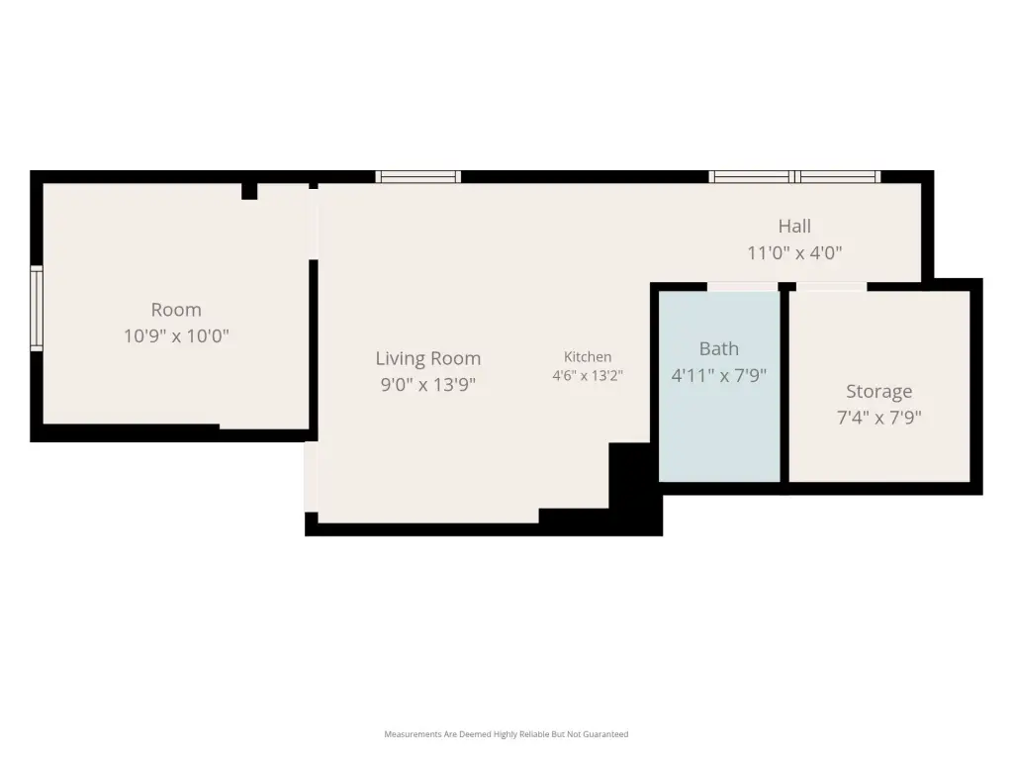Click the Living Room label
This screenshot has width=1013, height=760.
427,358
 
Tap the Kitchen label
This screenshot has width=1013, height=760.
588,356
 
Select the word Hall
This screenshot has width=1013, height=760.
794,227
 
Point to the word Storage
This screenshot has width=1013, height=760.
878,392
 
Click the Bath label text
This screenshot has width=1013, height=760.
718,349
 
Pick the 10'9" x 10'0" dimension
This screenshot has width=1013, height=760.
176,336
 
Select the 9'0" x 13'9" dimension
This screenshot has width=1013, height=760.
427,385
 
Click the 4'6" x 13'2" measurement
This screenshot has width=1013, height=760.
588,375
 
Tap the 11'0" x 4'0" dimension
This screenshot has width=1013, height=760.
794,252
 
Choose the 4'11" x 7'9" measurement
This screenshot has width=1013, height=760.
718,375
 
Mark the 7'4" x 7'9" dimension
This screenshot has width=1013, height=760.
878,418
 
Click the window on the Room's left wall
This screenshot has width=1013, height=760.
37,309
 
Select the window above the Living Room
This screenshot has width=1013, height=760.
418,177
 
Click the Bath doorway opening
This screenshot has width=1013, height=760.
742,287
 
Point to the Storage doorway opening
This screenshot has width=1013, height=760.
831,287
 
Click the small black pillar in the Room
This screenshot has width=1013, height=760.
249,191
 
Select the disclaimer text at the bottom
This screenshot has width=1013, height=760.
506,734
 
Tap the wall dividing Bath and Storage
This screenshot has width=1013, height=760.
784,387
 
